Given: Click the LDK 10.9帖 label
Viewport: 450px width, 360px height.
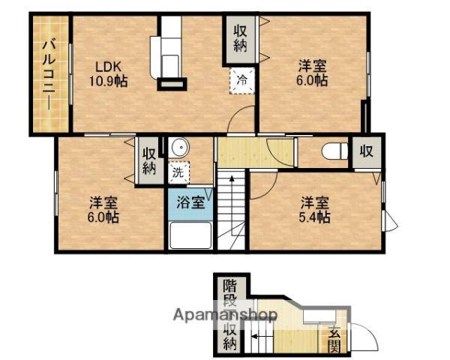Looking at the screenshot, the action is [109, 74].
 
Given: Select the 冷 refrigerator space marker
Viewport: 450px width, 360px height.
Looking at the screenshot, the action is [242, 81].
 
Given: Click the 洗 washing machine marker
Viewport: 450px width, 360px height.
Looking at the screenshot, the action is [178, 172].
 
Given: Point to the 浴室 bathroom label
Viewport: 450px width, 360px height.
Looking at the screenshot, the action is [190, 202].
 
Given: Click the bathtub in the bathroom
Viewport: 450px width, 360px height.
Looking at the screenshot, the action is [190, 235].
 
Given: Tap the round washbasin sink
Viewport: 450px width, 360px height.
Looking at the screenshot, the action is [180, 148].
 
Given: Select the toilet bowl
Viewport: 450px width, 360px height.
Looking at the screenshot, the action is [334, 151].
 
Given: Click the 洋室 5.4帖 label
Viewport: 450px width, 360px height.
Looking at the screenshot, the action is [315, 210].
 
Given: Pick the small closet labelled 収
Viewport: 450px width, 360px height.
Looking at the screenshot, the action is [367, 151].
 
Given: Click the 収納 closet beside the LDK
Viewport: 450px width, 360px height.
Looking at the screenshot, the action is [241, 39].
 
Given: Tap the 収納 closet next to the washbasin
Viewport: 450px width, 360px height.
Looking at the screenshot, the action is [149, 161].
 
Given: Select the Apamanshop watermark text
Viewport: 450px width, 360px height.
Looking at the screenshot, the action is [225, 315].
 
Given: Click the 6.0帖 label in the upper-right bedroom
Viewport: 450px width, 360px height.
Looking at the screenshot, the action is [312, 80].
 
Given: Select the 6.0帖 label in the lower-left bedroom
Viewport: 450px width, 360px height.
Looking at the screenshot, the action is [103, 217].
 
